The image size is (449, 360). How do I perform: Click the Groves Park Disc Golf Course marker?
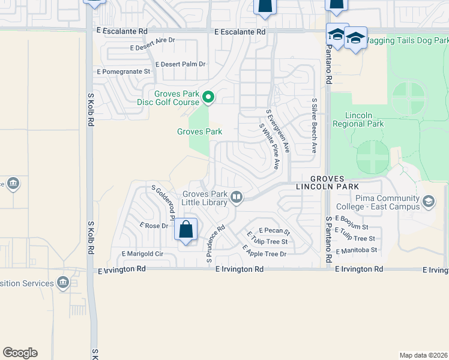(x=208, y=96)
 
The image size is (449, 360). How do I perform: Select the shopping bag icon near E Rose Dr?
(x=186, y=229)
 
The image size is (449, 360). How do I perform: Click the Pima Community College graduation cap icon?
(x=429, y=202)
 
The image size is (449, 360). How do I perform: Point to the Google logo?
(x=20, y=353)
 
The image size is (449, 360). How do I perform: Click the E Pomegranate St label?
(x=123, y=71)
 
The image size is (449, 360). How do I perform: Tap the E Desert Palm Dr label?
(x=180, y=64)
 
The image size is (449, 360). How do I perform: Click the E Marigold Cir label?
(x=142, y=254)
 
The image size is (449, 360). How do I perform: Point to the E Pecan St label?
(x=274, y=230)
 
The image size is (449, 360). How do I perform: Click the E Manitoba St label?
(x=357, y=250)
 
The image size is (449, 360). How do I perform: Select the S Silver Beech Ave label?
(x=314, y=126)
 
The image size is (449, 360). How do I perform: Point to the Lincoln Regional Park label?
(x=364, y=119)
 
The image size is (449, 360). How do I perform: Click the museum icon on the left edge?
(x=12, y=183)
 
